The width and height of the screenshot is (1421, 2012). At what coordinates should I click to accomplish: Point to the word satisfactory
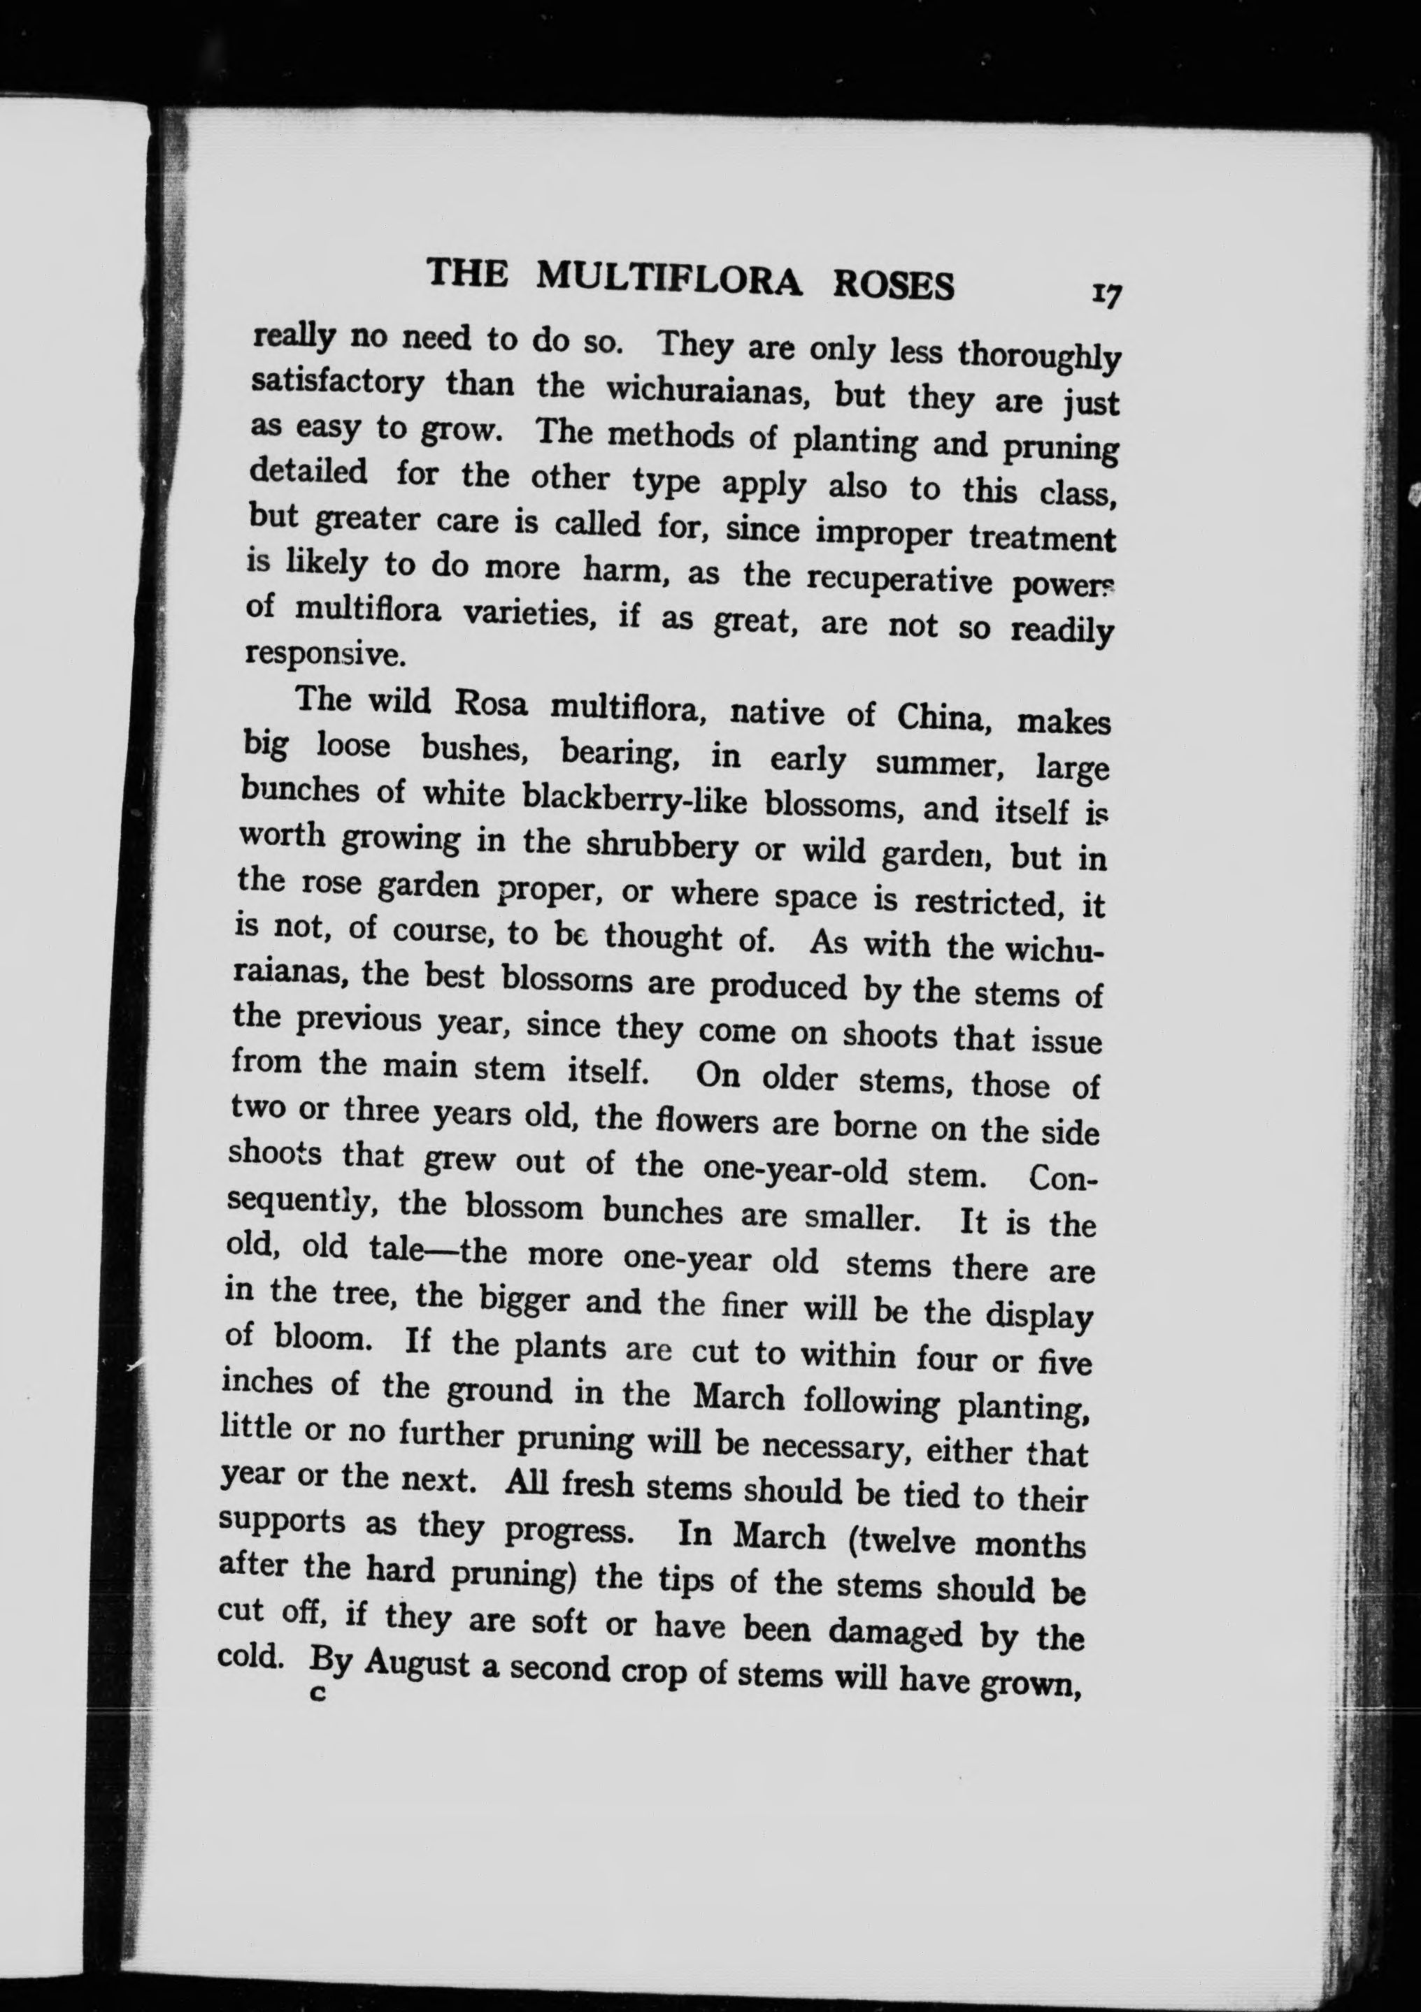coord(338,382)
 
